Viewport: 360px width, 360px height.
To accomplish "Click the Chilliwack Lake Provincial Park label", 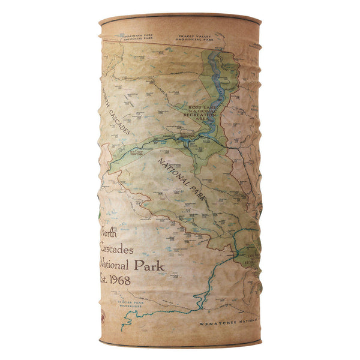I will tap(136, 37).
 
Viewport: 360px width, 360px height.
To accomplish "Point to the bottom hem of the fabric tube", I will tap(180, 344).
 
